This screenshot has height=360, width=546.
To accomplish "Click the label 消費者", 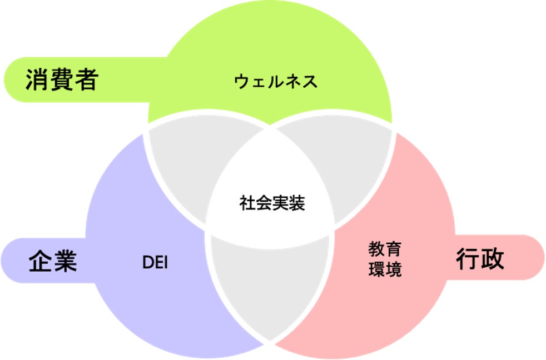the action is (61, 81).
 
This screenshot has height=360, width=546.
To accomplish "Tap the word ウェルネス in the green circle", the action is (276, 82).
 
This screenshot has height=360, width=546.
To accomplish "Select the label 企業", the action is (52, 261).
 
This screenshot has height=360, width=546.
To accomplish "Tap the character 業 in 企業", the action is (64, 261).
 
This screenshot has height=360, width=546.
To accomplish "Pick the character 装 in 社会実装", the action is (297, 204).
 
